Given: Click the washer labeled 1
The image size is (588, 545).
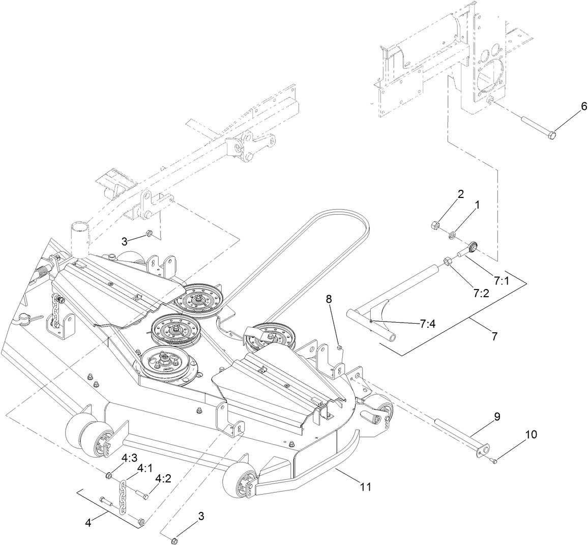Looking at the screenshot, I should pos(452,235).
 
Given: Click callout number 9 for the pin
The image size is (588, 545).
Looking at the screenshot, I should pos(497,416).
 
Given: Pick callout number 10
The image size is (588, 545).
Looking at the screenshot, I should pos(531,435).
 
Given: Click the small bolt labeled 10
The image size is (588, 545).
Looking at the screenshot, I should pos(494,461).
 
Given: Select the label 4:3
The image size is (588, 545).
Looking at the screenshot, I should pos(129,459).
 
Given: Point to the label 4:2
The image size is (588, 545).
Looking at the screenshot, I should pos(163,479).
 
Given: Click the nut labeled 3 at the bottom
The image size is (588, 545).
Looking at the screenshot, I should pos(173,539).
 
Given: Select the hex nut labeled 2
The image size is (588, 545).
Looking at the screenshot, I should pos(435,224).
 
